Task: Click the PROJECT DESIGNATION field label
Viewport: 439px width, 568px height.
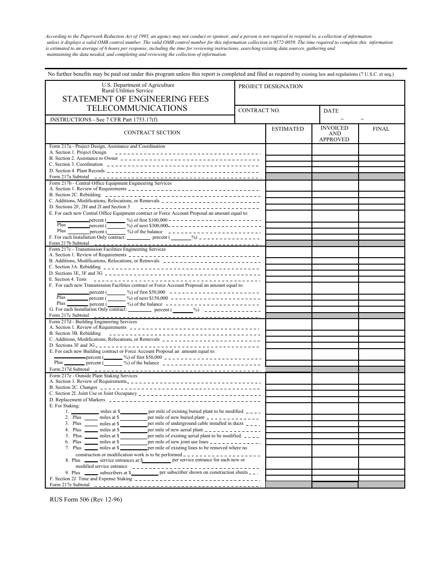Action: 270,86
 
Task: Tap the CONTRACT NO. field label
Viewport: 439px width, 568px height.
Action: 259,110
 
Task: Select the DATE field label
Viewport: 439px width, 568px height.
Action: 331,111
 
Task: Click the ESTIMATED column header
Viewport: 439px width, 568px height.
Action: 287,129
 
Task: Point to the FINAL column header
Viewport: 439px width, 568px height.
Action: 381,129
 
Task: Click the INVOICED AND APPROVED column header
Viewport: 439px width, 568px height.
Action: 334,133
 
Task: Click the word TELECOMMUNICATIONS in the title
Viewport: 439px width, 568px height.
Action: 137,109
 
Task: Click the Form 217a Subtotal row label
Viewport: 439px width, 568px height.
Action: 69,177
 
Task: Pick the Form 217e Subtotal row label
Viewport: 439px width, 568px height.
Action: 69,485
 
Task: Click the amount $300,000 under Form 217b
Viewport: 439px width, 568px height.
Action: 155,225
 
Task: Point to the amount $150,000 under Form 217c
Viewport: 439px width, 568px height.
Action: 155,298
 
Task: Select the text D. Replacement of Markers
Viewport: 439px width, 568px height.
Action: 77,399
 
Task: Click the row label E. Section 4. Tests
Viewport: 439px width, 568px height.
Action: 68,279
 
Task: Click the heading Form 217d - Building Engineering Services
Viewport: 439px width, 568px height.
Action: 93,321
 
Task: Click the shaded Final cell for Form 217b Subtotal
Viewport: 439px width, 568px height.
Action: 381,243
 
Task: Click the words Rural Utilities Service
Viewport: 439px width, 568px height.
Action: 127,91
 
